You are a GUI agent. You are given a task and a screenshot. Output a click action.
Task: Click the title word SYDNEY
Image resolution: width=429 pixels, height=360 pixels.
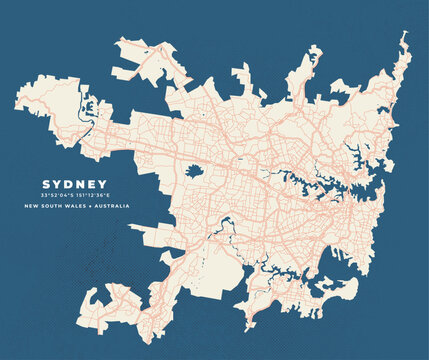click(74, 184)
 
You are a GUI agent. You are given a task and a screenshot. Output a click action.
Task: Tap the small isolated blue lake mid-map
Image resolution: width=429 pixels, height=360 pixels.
click(194, 171)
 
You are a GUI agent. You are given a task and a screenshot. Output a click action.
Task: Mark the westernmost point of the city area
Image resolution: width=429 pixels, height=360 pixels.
click(15, 98)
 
